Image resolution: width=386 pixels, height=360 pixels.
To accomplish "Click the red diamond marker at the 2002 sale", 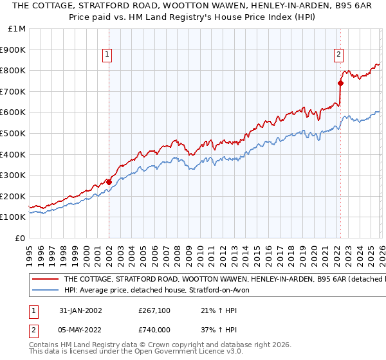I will [x=109, y=182].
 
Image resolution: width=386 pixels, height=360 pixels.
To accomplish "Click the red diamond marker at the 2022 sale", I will [x=340, y=83].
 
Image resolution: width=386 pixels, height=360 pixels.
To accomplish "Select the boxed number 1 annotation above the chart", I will [x=109, y=55].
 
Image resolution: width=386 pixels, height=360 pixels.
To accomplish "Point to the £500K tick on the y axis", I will [x=13, y=133].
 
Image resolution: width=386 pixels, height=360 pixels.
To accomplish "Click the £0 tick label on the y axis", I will [x=19, y=238].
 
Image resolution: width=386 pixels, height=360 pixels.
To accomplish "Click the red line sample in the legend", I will [x=45, y=280].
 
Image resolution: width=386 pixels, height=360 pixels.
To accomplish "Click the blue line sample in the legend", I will [x=45, y=291].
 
